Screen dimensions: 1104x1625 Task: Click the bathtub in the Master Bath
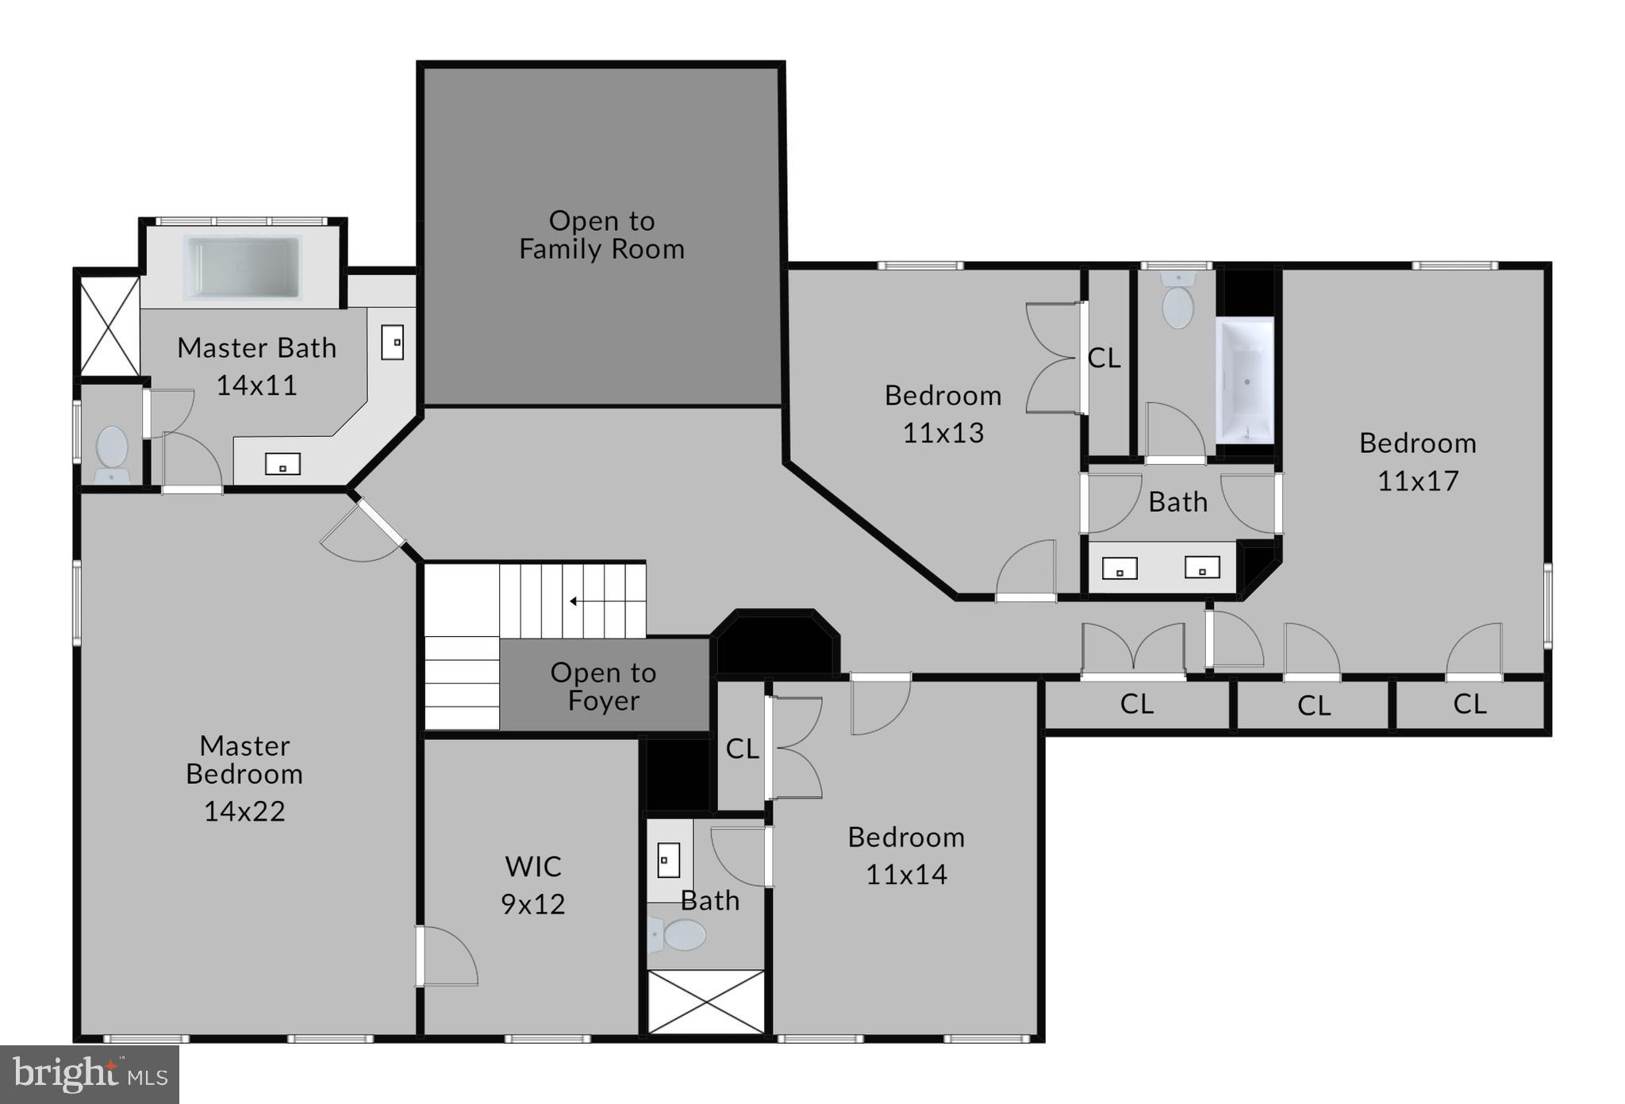tap(242, 268)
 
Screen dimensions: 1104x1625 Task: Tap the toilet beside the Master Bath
tap(111, 452)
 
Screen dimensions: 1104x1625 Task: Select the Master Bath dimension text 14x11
tap(256, 385)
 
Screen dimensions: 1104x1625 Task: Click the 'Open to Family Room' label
tap(601, 235)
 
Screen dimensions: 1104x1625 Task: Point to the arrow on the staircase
tap(574, 601)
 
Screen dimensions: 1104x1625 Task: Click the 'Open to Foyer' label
tap(603, 687)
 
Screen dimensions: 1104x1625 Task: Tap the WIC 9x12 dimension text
tap(532, 904)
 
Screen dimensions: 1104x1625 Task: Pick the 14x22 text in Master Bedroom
tap(244, 811)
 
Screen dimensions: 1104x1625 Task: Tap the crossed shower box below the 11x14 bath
tap(706, 1002)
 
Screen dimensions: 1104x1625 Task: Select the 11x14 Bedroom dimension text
tap(906, 875)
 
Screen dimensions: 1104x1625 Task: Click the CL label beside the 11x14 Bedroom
tap(742, 749)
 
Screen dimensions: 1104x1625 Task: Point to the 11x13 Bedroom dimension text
tap(943, 433)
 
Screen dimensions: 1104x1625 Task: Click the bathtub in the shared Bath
tap(1245, 381)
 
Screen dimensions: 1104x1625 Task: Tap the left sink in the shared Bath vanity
tap(1120, 569)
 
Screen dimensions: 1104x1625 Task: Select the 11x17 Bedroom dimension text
tap(1418, 481)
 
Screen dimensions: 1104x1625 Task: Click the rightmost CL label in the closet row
tap(1469, 704)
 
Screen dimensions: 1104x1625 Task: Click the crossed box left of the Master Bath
tap(109, 326)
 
